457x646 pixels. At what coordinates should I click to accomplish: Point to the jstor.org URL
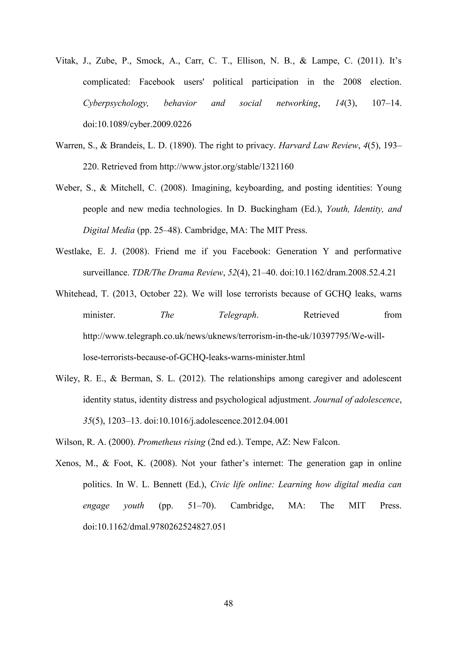226,167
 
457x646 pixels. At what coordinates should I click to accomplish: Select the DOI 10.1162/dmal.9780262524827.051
154,527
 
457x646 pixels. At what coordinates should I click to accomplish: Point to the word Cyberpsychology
116,103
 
